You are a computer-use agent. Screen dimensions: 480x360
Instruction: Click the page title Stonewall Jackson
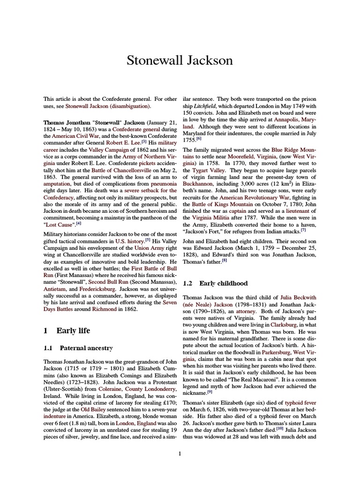(180, 61)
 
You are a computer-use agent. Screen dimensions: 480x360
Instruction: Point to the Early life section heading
(67, 330)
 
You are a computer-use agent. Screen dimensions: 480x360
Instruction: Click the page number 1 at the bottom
(180, 453)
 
